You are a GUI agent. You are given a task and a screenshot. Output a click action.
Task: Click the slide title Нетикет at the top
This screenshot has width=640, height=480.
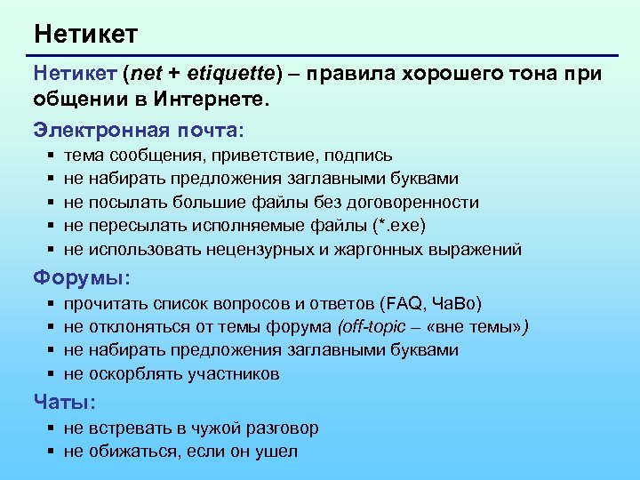point(85,35)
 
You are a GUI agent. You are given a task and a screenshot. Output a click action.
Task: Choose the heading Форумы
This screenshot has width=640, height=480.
point(82,277)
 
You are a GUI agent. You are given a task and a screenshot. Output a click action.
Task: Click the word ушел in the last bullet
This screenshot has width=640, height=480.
point(278,452)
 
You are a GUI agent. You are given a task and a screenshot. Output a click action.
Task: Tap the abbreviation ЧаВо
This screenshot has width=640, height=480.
point(457,304)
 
